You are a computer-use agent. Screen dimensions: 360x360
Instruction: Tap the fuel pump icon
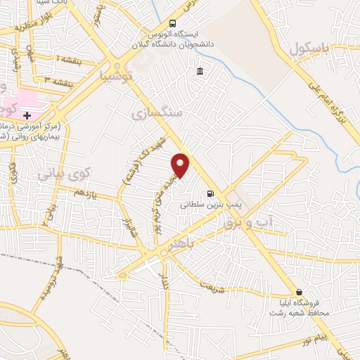coord(209,193)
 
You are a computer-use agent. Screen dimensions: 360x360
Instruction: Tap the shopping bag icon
coord(300,292)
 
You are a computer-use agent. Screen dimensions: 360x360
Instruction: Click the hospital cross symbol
coord(27,115)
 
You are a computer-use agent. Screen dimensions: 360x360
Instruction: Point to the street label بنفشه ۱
coord(70,61)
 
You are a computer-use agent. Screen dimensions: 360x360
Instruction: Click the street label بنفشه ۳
coord(59,82)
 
